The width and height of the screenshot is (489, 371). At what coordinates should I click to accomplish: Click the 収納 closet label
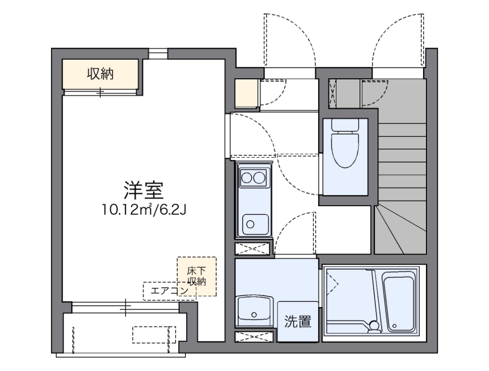[x=100, y=74]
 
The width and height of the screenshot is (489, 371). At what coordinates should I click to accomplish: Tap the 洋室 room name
[x=144, y=191]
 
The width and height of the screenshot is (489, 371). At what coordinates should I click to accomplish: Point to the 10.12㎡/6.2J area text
[x=144, y=209]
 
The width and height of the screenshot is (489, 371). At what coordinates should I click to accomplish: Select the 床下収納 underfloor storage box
[x=197, y=276]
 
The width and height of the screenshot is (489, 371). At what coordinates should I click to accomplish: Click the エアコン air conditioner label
[x=170, y=291]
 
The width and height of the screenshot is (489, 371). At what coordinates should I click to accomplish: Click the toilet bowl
[x=345, y=150]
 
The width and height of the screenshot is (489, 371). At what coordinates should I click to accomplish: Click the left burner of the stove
[x=247, y=178]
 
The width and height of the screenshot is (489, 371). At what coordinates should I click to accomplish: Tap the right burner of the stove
[x=260, y=178]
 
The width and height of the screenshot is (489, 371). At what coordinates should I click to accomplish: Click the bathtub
[x=398, y=303]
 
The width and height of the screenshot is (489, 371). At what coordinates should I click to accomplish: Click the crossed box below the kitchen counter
[x=253, y=249]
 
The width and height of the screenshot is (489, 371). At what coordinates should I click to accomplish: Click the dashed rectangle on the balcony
[x=154, y=334]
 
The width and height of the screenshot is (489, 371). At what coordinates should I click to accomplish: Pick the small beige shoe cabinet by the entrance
[x=247, y=94]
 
